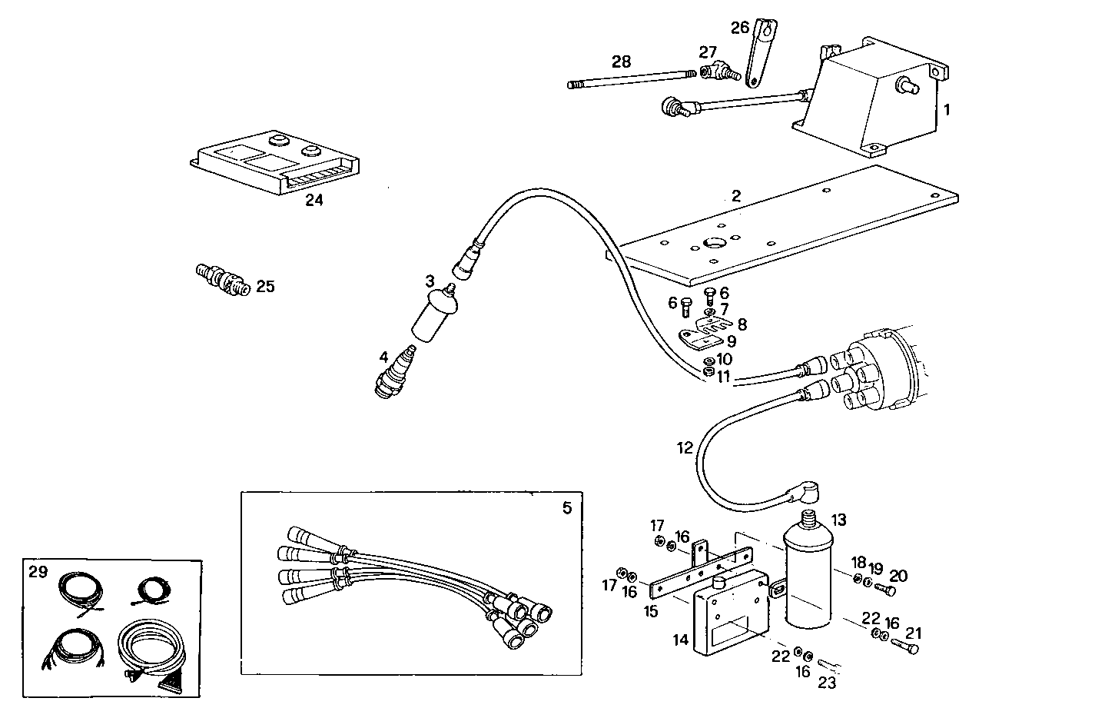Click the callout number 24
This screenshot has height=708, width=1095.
click(x=314, y=201)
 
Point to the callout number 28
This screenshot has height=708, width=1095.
click(x=621, y=61)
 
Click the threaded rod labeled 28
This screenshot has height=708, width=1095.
click(x=630, y=80)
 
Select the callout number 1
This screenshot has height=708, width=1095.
click(x=947, y=110)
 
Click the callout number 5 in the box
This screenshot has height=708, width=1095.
click(x=567, y=508)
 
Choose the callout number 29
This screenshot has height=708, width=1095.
click(x=38, y=571)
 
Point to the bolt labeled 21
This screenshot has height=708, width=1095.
click(x=906, y=648)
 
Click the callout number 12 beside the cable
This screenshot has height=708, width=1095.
click(x=685, y=447)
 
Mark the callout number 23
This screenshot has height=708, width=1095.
click(x=826, y=681)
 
